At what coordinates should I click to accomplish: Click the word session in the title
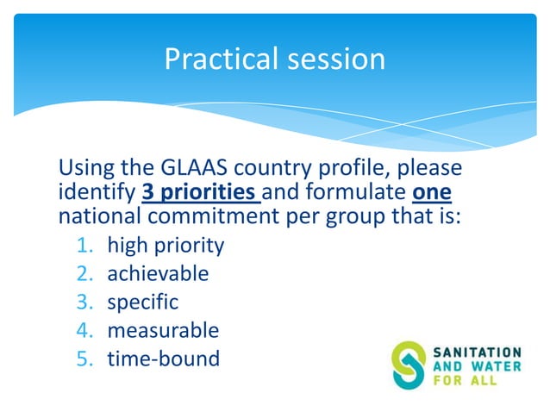point(336,59)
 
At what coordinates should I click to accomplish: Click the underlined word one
point(432,192)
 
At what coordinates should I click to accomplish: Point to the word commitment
point(213,215)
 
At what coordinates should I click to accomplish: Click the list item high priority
point(166,245)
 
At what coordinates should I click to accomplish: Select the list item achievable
point(158,273)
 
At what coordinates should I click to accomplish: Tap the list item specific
point(143,303)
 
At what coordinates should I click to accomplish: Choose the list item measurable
point(163,330)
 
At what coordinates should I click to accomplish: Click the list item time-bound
point(164,359)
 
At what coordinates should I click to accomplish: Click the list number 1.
point(84,245)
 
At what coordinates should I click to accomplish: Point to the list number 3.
point(84,302)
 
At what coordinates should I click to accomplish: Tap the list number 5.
point(84,359)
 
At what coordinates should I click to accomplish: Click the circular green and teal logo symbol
point(409,365)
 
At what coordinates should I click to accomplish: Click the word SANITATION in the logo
point(477,353)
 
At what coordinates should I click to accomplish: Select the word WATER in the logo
point(497,366)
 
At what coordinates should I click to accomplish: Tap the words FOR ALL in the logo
point(466,380)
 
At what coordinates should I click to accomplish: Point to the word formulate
point(356,192)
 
